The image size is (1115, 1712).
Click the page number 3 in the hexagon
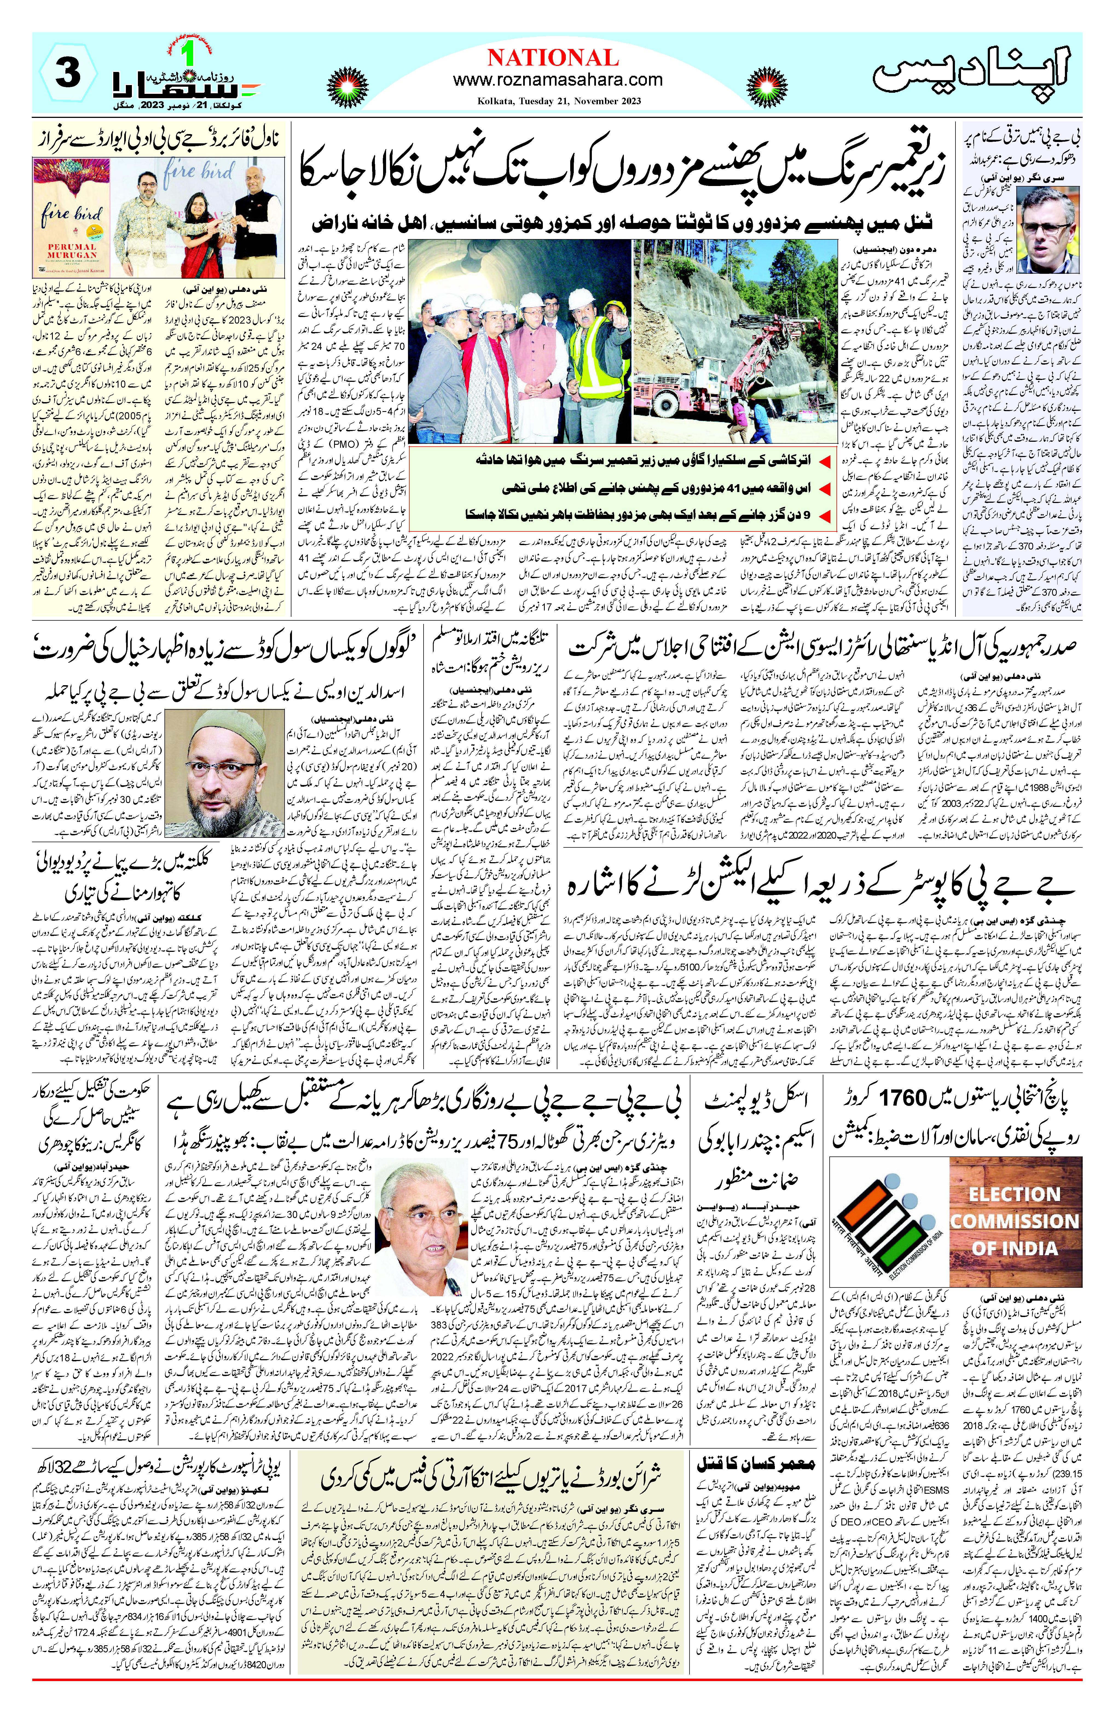[x=67, y=74]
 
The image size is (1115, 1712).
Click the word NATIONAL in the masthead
[x=552, y=57]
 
